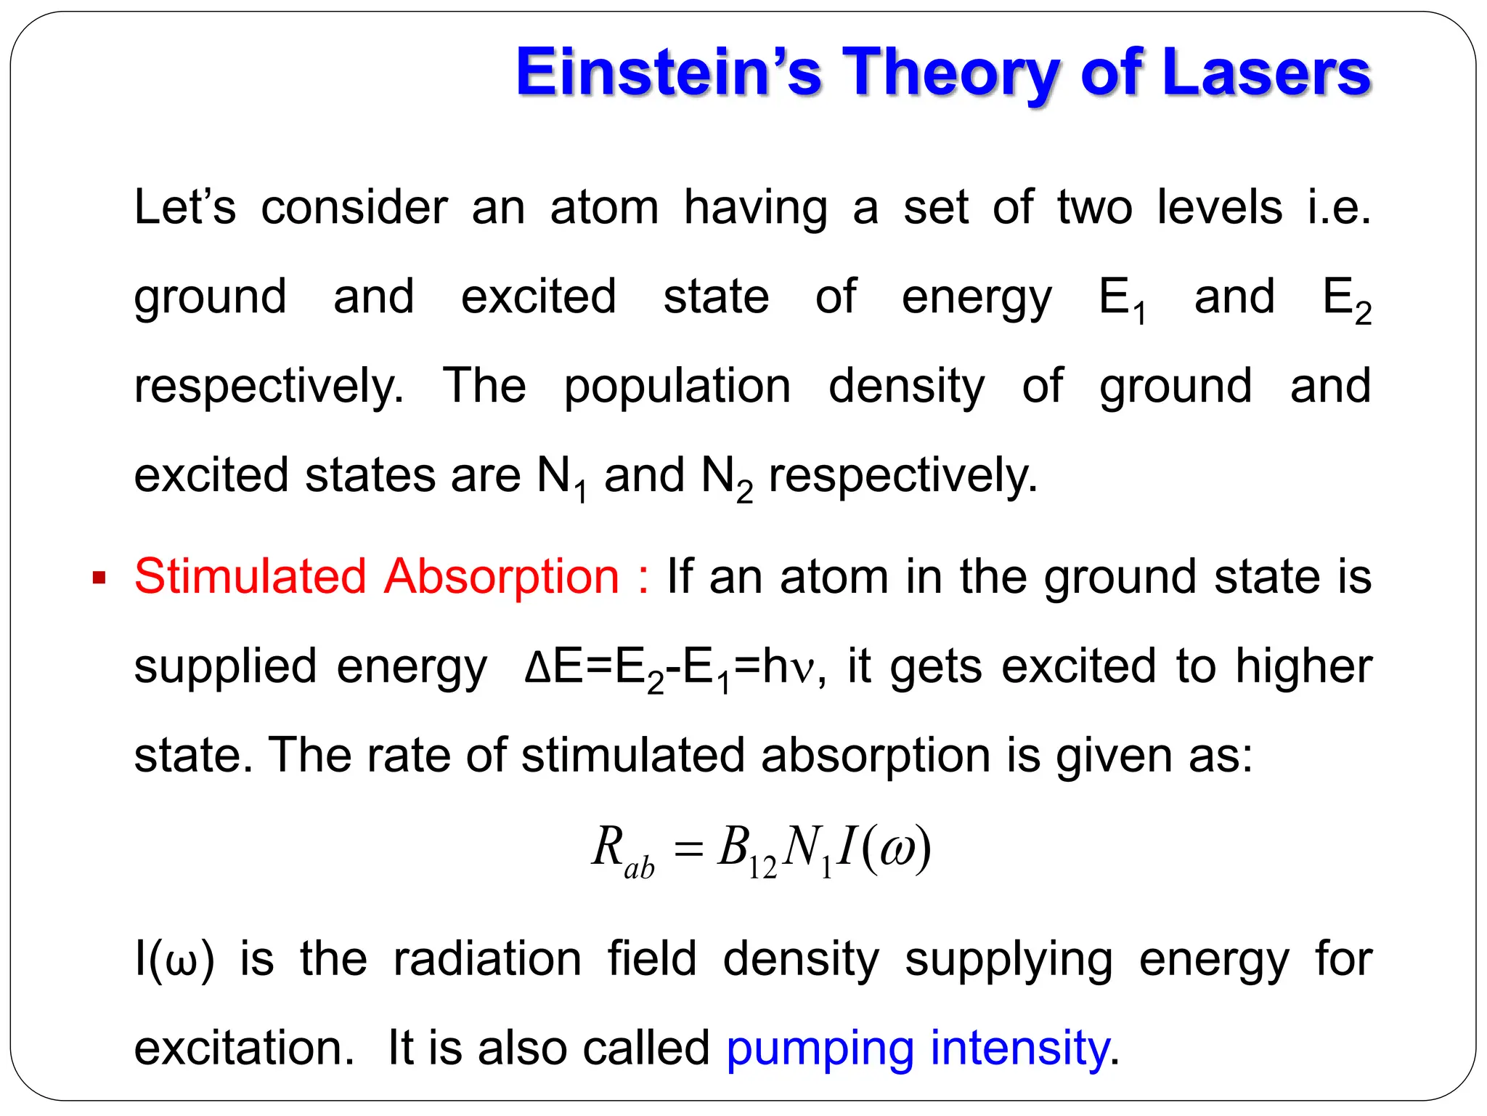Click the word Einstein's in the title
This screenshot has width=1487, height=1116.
click(668, 73)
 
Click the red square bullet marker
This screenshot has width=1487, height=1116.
click(99, 579)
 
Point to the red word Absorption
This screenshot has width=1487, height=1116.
click(502, 577)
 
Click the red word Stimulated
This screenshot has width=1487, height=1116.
click(250, 577)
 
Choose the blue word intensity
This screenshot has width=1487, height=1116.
click(1020, 1048)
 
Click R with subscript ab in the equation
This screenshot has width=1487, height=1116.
click(622, 850)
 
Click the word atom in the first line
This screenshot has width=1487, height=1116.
click(604, 208)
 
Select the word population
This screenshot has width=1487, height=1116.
click(677, 387)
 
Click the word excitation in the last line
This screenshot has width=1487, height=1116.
click(245, 1048)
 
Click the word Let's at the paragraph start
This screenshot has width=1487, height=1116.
click(185, 208)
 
